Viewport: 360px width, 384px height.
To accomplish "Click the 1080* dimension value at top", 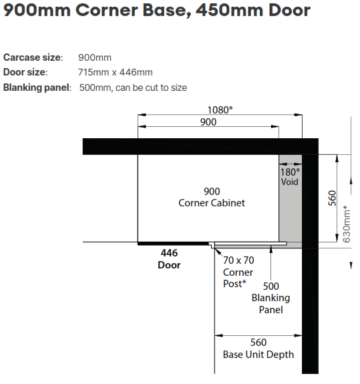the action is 220,110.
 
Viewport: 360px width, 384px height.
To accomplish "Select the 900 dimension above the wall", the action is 208,122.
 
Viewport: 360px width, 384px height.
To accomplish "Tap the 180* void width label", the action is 290,172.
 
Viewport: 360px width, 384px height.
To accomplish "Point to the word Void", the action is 289,182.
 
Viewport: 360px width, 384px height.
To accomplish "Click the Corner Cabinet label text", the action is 212,203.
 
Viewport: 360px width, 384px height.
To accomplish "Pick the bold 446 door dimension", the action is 169,252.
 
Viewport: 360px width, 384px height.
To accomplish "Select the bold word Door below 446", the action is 169,265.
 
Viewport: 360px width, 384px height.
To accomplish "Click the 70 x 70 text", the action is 238,260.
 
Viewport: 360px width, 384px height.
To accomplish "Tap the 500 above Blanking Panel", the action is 271,286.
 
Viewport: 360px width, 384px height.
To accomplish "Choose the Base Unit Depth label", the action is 258,355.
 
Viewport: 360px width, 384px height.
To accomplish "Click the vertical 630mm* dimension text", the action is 346,224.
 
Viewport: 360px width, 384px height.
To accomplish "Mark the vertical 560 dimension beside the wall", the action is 332,198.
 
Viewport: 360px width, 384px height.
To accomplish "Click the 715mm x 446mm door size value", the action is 115,72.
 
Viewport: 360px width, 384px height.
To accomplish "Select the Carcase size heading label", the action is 33,57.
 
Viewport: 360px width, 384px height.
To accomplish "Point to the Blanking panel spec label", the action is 37,87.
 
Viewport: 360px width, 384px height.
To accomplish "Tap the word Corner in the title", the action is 107,10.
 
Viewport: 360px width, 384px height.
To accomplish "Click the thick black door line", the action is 173,244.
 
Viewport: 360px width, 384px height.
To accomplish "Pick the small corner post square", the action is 212,245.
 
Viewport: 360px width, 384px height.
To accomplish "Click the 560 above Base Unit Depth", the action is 258,343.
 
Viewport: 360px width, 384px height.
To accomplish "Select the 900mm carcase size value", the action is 95,57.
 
